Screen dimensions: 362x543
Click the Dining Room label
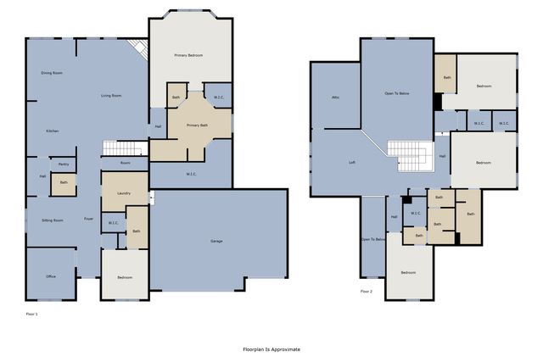(53, 74)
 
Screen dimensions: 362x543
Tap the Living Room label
(111, 96)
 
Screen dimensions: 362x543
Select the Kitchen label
(53, 131)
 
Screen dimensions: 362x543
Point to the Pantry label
(64, 164)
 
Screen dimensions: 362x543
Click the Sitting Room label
(53, 220)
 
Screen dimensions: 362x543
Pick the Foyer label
(88, 220)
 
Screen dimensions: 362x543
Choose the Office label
(51, 276)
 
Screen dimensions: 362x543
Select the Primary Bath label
(198, 125)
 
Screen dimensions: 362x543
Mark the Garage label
(217, 242)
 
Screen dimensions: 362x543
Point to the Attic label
(336, 98)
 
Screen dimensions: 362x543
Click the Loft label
(352, 162)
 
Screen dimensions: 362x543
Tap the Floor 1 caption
(32, 315)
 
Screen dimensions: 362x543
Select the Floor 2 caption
(367, 292)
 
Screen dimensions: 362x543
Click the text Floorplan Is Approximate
(271, 349)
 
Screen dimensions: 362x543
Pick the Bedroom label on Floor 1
(124, 277)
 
